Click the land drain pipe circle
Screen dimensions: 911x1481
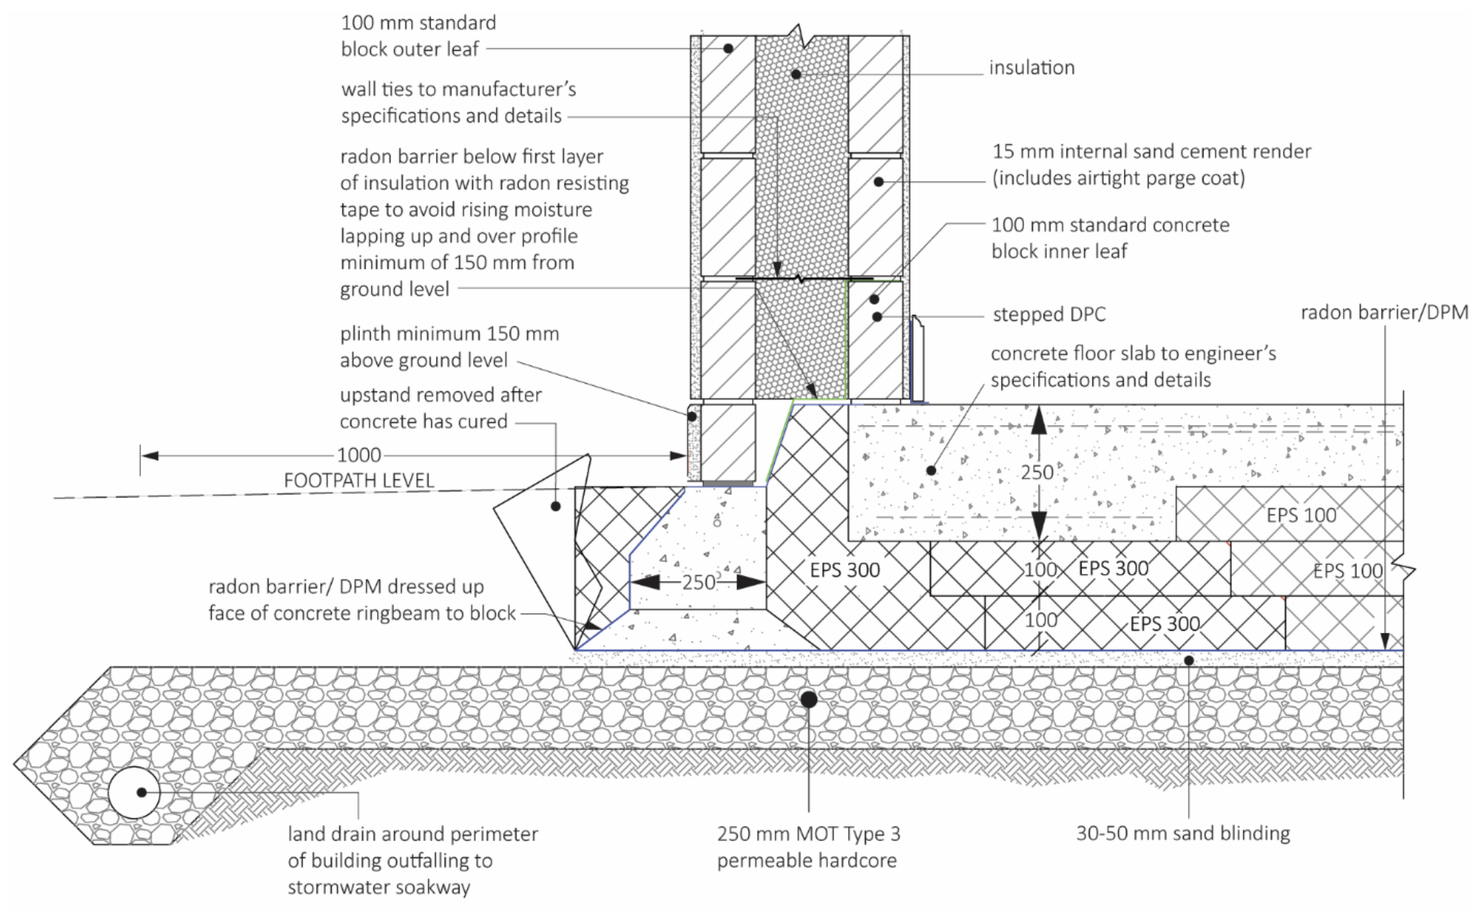pyautogui.click(x=134, y=793)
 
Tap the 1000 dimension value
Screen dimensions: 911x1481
pyautogui.click(x=359, y=455)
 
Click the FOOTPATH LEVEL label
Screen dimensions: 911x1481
pyautogui.click(x=359, y=481)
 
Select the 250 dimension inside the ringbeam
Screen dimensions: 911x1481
pyautogui.click(x=699, y=582)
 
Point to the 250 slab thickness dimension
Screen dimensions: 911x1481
pyautogui.click(x=1037, y=472)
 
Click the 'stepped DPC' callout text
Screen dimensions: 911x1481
pyautogui.click(x=1048, y=315)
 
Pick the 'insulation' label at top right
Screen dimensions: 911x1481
pyautogui.click(x=1032, y=68)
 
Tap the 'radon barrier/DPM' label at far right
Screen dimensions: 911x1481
pyautogui.click(x=1384, y=313)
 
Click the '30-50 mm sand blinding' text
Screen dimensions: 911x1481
pyautogui.click(x=1182, y=833)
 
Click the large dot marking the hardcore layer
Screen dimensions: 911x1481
pyautogui.click(x=808, y=699)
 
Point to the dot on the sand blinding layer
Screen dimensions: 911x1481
pyautogui.click(x=1189, y=660)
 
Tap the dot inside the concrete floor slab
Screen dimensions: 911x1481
pyautogui.click(x=931, y=470)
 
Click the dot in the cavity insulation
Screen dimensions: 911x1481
pyautogui.click(x=796, y=74)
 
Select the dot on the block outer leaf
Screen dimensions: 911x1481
pyautogui.click(x=728, y=49)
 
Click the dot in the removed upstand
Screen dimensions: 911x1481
pyautogui.click(x=555, y=506)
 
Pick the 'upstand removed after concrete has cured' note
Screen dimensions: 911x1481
pyautogui.click(x=440, y=408)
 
